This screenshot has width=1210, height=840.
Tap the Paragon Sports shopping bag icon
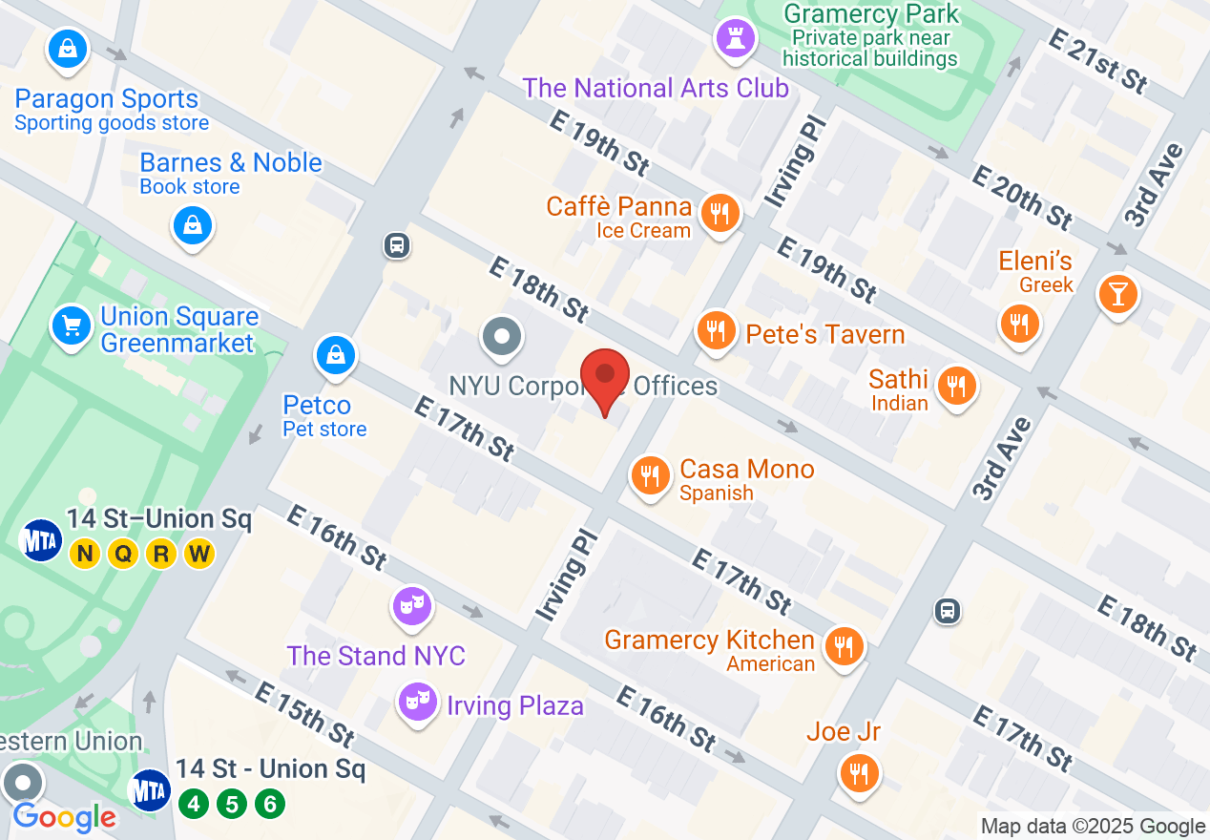[68, 49]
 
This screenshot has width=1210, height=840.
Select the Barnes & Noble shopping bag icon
[193, 225]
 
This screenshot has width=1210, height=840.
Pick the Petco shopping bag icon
[335, 356]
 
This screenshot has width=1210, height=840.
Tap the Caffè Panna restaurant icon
[720, 214]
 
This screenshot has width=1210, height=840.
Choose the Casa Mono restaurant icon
[651, 474]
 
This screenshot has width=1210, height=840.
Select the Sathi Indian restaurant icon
[954, 386]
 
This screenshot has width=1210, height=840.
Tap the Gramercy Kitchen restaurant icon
[843, 646]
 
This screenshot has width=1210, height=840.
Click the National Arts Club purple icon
[736, 39]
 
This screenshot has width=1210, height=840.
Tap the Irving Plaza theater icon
[417, 703]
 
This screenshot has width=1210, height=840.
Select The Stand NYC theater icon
[411, 605]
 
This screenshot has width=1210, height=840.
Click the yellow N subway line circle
[85, 554]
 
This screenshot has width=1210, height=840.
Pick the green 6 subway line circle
[270, 804]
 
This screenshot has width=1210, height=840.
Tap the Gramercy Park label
[870, 14]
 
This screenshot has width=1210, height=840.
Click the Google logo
[65, 817]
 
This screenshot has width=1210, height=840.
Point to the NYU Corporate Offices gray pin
[501, 337]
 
